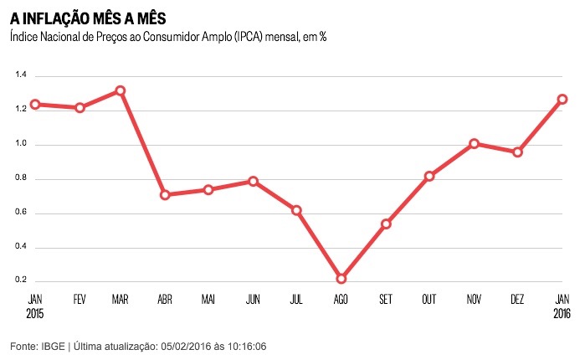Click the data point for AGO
click(x=341, y=278)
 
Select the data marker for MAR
click(x=121, y=90)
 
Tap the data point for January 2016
click(x=562, y=99)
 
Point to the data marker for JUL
click(x=297, y=210)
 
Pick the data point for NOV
click(x=475, y=144)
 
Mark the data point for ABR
click(x=165, y=195)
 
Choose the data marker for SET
click(x=386, y=224)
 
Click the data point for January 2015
click(x=35, y=105)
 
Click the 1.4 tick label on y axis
click(x=22, y=75)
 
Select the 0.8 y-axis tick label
click(x=22, y=178)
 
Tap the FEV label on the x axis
click(x=80, y=299)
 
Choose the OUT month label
click(x=429, y=299)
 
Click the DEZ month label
click(x=518, y=299)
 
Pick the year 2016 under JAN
click(x=562, y=314)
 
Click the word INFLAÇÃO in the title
click(x=69, y=17)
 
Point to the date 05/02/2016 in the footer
click(x=190, y=346)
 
